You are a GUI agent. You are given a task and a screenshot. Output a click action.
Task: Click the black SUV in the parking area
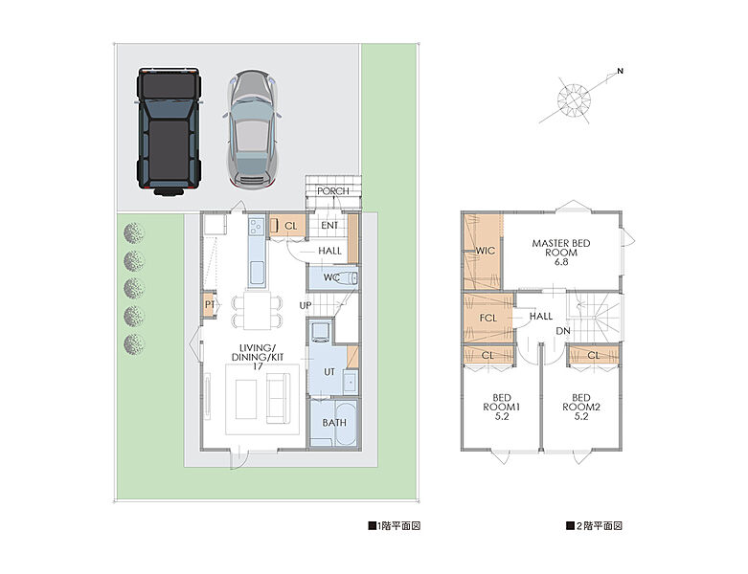coord(169,131)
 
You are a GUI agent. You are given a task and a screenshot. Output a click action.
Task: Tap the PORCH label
coord(333,191)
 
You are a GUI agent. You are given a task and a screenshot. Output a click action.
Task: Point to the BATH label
coord(334,423)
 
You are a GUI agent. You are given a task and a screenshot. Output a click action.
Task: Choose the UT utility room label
coord(329,372)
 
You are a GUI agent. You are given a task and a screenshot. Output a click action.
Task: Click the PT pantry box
coord(209,304)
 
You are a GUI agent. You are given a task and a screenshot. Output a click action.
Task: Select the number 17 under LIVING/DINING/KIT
coord(258,366)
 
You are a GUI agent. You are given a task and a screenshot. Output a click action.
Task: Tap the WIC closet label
coord(485,251)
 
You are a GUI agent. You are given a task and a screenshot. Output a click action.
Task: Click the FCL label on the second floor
coord(488,318)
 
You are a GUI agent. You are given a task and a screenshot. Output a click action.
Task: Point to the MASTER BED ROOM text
coord(561,253)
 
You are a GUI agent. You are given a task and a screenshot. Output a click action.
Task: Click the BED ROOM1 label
coord(501,407)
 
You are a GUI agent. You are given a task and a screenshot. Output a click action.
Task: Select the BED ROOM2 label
coord(581,407)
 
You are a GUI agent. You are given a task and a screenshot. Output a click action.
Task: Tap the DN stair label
coord(563,331)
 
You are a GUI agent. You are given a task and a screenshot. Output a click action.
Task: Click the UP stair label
coord(306,305)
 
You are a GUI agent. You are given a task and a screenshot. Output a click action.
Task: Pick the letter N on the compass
coord(621,72)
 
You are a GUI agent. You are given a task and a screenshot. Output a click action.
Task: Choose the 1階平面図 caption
coord(394,526)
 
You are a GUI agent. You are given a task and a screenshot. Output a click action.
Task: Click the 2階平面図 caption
coord(595,526)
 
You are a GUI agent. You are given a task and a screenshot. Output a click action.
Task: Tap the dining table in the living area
coord(257,311)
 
